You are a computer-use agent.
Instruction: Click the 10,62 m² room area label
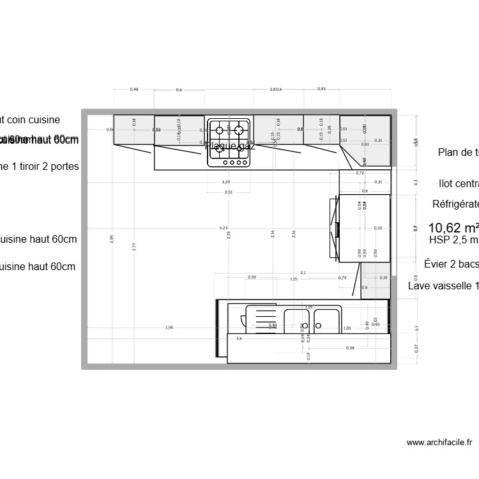pos(453,228)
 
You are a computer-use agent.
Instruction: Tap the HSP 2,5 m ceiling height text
pos(453,241)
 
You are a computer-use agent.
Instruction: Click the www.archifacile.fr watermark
pos(439,442)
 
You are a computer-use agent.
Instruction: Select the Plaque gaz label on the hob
pos(230,146)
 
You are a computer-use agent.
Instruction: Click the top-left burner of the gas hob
pos(220,130)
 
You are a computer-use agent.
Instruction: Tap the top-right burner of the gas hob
pos(240,130)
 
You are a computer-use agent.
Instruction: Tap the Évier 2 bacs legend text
pos(452,264)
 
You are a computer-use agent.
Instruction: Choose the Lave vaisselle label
pos(443,286)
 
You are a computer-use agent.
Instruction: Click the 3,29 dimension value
pos(226,182)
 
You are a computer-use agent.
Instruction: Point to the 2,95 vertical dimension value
pos(112,238)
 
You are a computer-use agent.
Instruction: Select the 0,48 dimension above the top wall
pos(134,89)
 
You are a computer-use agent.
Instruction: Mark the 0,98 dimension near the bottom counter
pos(350,347)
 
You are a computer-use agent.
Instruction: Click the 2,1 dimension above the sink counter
pos(303,273)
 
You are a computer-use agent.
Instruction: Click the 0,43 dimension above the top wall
pos(321,89)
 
